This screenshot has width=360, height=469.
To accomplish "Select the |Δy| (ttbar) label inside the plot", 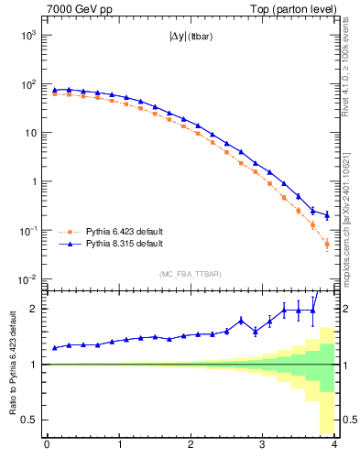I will (190, 38).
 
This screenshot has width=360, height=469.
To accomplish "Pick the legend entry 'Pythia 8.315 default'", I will (124, 245).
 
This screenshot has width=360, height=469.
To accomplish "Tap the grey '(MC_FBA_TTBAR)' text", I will (190, 274).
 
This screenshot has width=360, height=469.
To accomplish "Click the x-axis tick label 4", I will (334, 445).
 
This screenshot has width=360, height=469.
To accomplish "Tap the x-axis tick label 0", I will (47, 445).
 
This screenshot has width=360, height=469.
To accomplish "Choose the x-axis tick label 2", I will (191, 445).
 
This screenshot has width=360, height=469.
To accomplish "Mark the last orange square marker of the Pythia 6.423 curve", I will (327, 245).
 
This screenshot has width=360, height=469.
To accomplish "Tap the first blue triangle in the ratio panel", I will (54, 348).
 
